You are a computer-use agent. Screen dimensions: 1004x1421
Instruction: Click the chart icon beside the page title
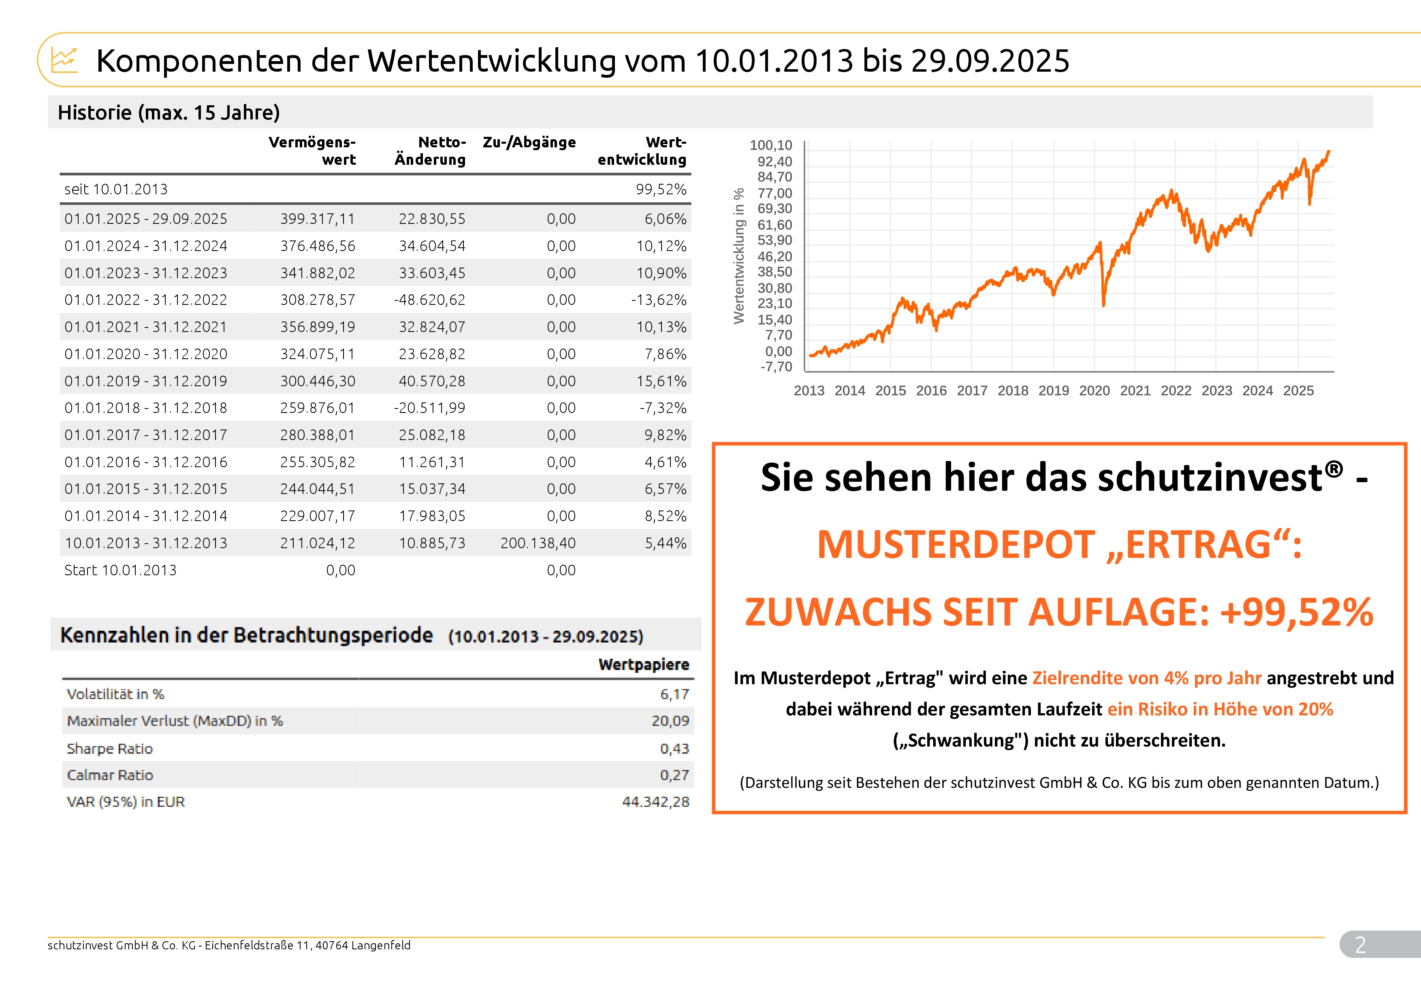tap(64, 60)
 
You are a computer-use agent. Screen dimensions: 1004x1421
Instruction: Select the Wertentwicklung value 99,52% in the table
tap(661, 189)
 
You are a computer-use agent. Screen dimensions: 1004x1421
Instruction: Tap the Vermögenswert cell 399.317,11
tap(318, 219)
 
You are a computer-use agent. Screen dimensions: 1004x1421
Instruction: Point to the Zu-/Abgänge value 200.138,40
tap(538, 543)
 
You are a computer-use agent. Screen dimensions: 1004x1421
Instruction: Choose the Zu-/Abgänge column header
tap(529, 142)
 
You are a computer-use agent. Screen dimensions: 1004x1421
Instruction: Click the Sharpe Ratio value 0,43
tap(674, 749)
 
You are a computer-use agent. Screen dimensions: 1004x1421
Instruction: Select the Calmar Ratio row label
tap(110, 775)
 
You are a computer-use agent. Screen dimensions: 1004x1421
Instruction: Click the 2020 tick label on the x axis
tap(1094, 391)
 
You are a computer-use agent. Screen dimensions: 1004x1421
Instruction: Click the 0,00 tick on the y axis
tap(778, 351)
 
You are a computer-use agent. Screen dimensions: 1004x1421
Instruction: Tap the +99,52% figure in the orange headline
tap(1297, 613)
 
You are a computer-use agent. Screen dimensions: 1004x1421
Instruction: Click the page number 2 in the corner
tap(1360, 944)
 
